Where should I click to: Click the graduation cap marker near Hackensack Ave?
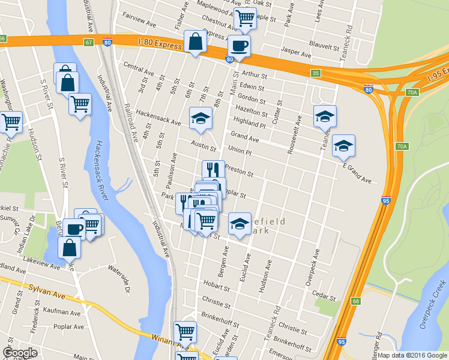(200, 118)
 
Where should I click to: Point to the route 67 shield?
(89, 42)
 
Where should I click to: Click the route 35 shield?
(316, 73)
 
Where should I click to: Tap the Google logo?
(20, 353)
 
